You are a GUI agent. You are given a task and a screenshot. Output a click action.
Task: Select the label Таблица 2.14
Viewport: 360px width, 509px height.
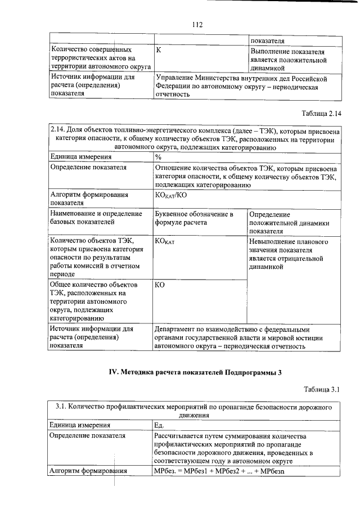321,114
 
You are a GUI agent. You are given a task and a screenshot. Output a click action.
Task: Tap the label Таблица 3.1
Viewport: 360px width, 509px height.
323,389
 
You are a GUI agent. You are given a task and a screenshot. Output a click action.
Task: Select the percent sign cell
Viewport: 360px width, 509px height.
159,157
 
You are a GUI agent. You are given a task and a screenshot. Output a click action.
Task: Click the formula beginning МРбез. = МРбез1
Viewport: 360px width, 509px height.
220,471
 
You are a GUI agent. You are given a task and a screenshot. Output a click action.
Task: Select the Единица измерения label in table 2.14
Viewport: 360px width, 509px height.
77,157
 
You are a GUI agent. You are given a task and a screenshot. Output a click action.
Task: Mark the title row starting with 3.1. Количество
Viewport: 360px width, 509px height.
195,411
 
